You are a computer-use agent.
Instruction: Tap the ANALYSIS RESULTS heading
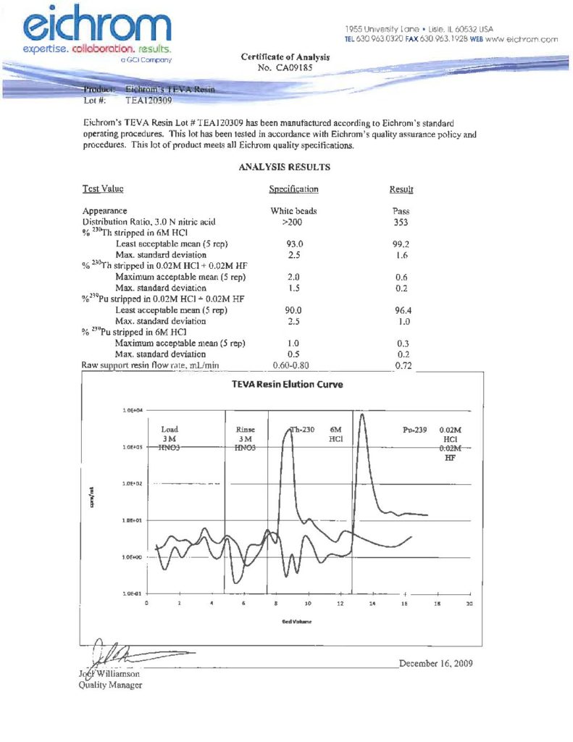(x=284, y=167)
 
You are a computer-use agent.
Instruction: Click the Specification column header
(x=293, y=189)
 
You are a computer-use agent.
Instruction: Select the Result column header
(x=401, y=189)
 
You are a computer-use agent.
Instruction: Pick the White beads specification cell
(x=293, y=212)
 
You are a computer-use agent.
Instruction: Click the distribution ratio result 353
(x=401, y=222)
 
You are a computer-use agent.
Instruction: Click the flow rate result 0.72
(x=403, y=365)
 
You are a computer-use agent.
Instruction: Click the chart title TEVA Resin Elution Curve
(x=287, y=384)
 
